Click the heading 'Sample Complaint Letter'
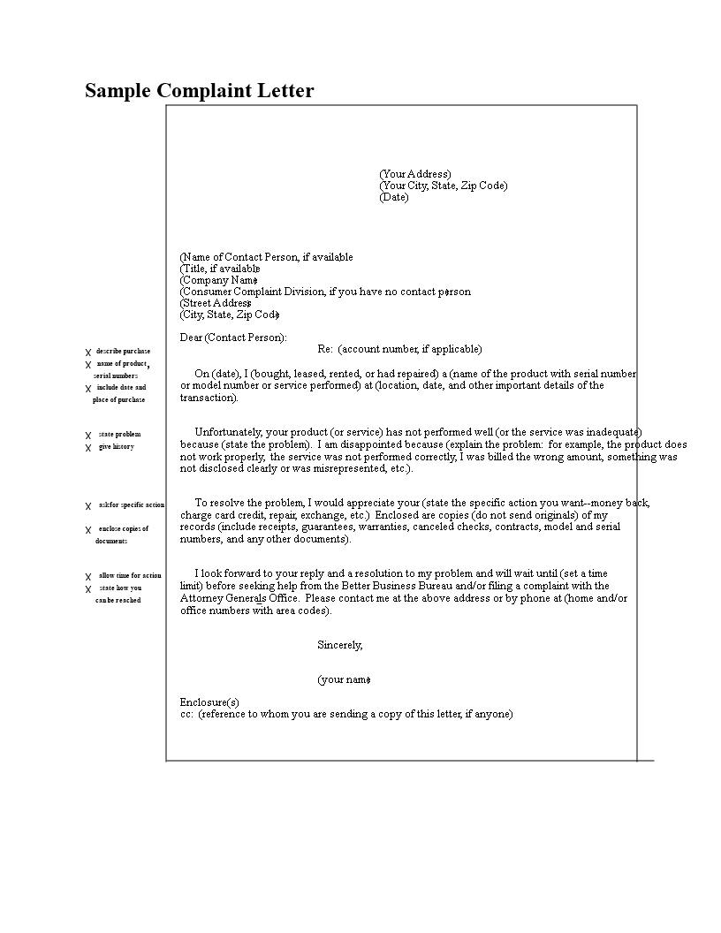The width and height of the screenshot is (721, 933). pos(199,91)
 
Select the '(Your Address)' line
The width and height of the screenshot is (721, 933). pos(414,174)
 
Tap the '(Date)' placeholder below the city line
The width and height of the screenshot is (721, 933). pos(394,197)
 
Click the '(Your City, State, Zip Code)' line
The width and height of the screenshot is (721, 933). pos(443,186)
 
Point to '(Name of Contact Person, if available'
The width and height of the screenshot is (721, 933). pos(266,257)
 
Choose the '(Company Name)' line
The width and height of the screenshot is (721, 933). pos(218,280)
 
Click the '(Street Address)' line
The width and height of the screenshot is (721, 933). pos(216,303)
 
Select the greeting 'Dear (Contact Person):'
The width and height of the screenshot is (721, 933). pos(233,338)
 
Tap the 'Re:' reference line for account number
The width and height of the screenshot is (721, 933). pos(399,349)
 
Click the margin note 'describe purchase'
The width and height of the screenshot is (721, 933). pos(123,352)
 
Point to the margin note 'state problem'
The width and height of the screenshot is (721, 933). pos(119,435)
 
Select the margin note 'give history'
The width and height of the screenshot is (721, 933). pos(116,447)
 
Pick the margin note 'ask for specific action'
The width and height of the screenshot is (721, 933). pos(131,504)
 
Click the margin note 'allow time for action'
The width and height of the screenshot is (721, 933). pos(130,576)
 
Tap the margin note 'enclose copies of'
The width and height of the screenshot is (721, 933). pos(123,529)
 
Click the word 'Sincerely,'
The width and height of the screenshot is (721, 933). pos(340,645)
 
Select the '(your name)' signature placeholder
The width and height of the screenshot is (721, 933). pos(344,680)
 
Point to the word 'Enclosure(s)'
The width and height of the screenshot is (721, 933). pos(209,702)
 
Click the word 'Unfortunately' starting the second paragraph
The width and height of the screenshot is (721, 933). pos(231,432)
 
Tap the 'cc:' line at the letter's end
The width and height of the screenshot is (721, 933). pos(345,714)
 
